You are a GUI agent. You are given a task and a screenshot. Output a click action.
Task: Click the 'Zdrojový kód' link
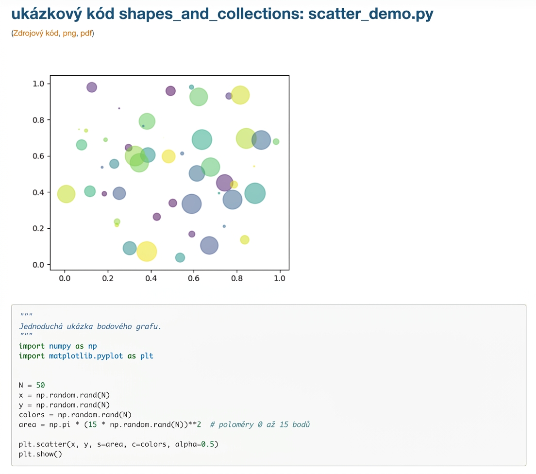[35, 33]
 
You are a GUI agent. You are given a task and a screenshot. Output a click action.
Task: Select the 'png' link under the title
[69, 34]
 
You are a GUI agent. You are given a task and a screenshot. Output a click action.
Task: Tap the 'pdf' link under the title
[86, 33]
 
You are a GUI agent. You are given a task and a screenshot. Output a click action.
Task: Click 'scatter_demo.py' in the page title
[370, 14]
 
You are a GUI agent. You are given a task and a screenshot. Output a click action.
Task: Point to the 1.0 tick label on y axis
[38, 84]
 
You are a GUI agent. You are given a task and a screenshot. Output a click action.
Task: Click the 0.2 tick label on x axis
[108, 278]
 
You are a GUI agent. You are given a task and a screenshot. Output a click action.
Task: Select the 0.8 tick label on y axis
[38, 120]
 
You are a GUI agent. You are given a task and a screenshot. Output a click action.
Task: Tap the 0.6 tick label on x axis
[194, 278]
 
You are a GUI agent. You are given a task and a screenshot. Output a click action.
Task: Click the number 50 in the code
[40, 386]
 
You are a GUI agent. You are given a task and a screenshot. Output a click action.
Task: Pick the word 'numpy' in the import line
[60, 346]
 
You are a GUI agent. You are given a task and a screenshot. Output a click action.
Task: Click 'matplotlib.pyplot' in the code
[86, 356]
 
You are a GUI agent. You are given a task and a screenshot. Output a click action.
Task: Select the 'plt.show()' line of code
[40, 454]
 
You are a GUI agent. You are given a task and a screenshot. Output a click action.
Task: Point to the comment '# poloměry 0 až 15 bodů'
[260, 425]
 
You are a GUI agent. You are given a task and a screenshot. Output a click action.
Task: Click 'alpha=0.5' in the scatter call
[197, 444]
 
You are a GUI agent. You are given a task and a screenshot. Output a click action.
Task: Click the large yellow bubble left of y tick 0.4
[66, 194]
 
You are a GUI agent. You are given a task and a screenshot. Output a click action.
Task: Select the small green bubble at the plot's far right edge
[276, 142]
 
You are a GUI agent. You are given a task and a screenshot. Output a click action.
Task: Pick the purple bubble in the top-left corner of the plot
[92, 87]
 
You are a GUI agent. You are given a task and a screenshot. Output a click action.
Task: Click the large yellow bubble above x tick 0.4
[147, 252]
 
